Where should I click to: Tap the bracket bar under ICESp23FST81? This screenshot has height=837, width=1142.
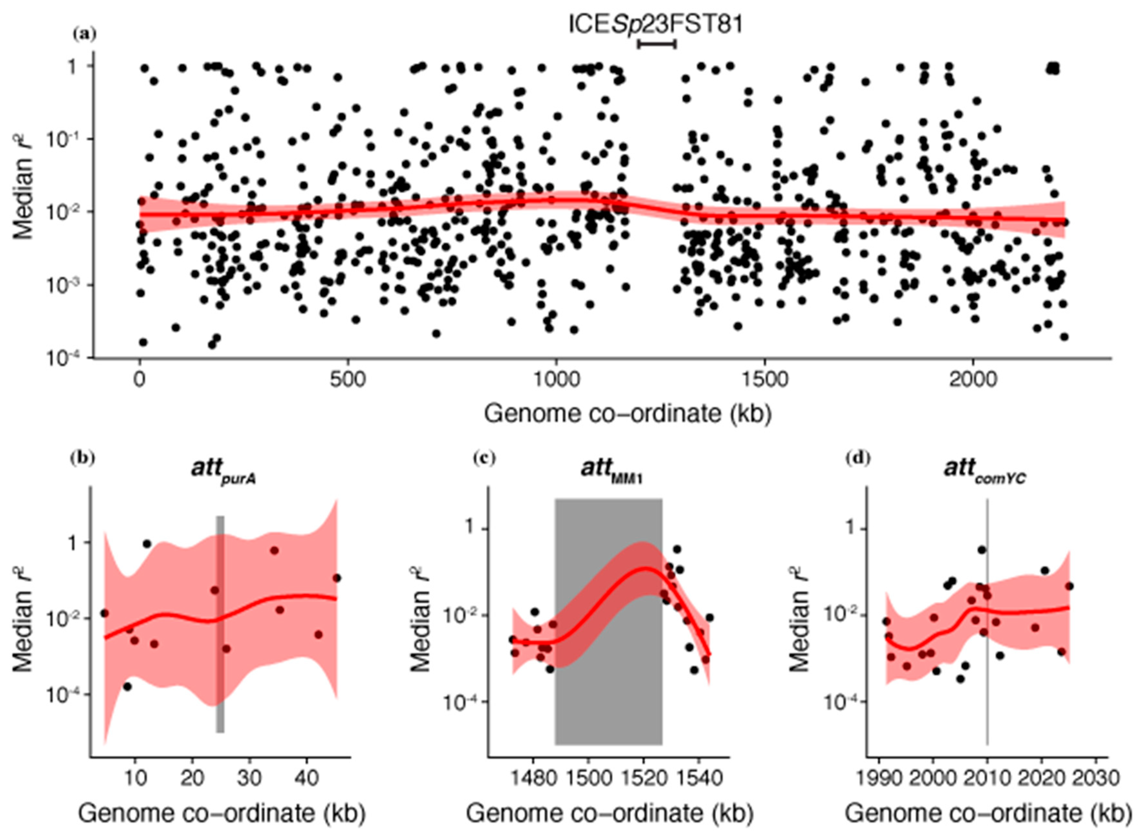tap(657, 44)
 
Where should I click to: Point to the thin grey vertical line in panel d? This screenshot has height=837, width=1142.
tap(987, 633)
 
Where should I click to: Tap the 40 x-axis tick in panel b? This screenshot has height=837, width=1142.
tap(306, 778)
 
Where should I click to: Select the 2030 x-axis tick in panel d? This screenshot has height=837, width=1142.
tap(1096, 778)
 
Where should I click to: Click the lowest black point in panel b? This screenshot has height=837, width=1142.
tap(127, 687)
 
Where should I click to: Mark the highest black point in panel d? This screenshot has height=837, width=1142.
tap(982, 550)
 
